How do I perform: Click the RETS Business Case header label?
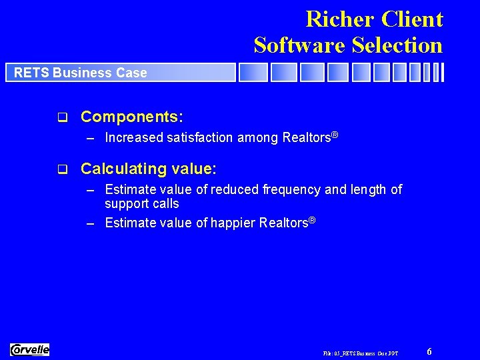[80, 73]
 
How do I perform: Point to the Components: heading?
[132, 117]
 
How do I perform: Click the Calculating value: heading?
[149, 169]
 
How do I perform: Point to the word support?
[126, 204]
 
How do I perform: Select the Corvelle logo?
[30, 349]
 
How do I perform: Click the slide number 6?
[429, 351]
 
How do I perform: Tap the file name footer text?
[360, 353]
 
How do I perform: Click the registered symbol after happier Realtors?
[311, 219]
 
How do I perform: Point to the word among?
[258, 138]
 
